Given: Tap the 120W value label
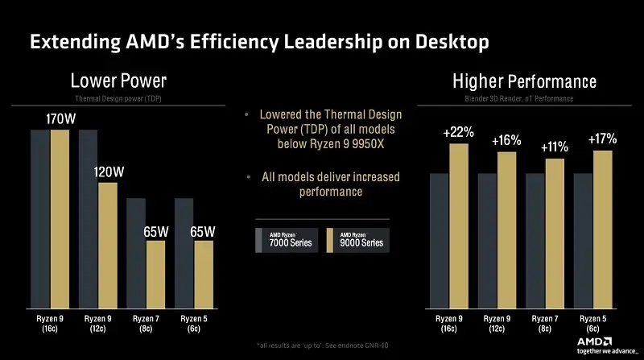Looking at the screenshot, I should [109, 172].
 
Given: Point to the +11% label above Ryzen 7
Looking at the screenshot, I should [553, 147].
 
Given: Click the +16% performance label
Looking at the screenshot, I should [506, 140].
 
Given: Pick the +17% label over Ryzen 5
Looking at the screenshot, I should [602, 139].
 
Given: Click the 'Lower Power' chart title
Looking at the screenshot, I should [118, 81].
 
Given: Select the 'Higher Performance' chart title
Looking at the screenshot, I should [524, 81].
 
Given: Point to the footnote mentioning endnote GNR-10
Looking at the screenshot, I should [322, 346].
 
